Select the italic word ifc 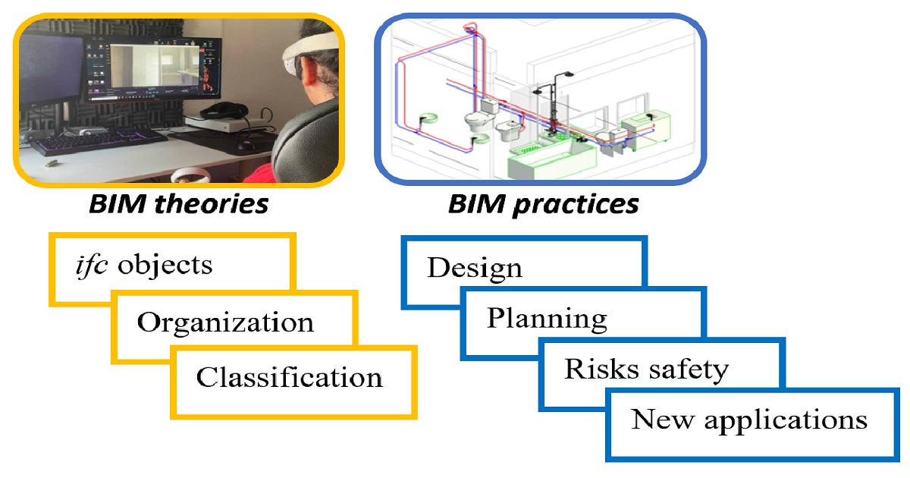[x=90, y=266]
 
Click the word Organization [x=225, y=322]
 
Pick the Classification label [x=289, y=377]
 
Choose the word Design [x=475, y=268]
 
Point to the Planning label [x=547, y=318]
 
